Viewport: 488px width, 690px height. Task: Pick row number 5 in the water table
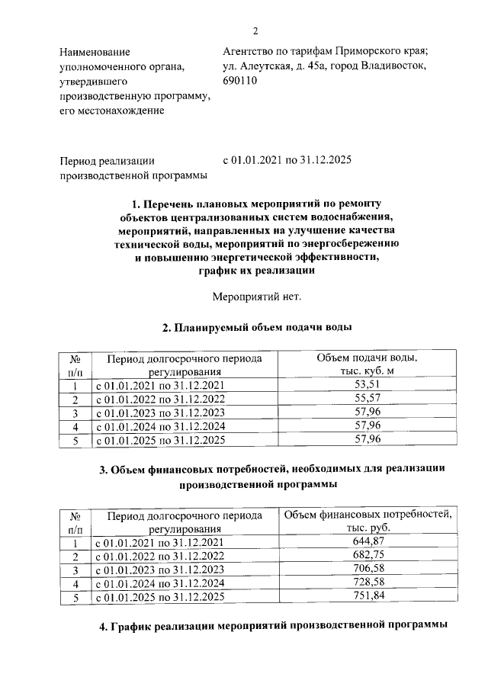pyautogui.click(x=75, y=441)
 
